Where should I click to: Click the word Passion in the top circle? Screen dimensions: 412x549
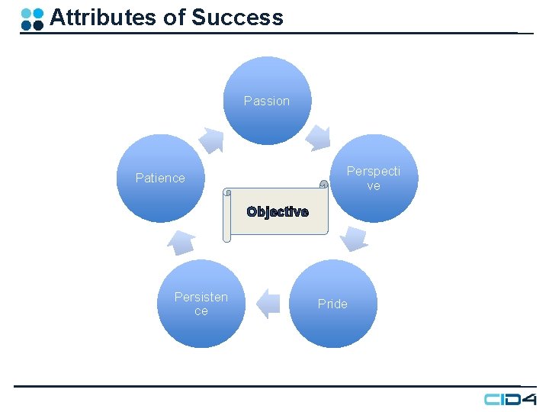[x=267, y=101]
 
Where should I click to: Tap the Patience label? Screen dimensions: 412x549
[x=160, y=178]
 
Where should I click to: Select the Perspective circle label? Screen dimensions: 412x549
[x=373, y=178]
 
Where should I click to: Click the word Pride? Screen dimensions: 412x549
[x=332, y=304]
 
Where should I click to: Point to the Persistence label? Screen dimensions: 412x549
[x=201, y=304]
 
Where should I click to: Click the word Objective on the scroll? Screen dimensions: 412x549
[x=278, y=212]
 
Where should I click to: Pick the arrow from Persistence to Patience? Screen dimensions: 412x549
[x=181, y=241]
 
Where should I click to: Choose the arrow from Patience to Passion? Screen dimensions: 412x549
[x=211, y=140]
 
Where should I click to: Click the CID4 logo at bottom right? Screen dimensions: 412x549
[x=509, y=399]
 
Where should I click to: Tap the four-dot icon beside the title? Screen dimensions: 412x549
[x=32, y=19]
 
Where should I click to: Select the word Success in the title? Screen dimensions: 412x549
[x=237, y=18]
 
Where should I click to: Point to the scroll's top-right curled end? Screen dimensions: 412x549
[x=323, y=184]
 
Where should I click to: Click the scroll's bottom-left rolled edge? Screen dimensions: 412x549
[x=226, y=237]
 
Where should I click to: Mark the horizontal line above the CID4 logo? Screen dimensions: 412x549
[x=267, y=386]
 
